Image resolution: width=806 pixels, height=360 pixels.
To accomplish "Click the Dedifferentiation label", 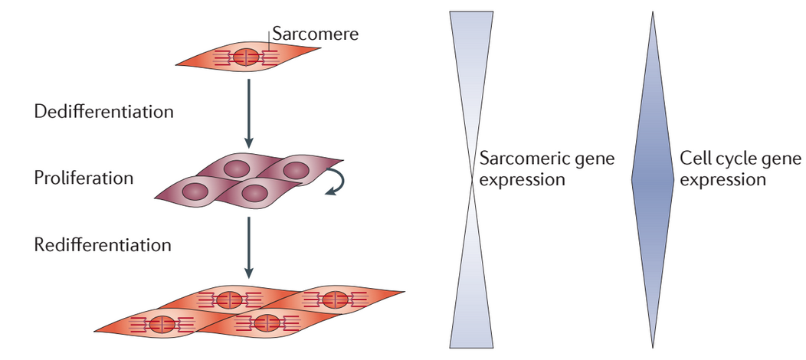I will pyautogui.click(x=104, y=112).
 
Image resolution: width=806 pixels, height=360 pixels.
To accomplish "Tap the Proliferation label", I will pyautogui.click(x=84, y=178).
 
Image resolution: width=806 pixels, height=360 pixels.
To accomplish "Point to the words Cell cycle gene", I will pyautogui.click(x=741, y=159).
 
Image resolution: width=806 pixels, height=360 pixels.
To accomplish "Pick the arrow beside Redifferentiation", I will pyautogui.click(x=248, y=247).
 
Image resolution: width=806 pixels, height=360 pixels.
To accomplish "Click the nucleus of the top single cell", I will pyautogui.click(x=246, y=57).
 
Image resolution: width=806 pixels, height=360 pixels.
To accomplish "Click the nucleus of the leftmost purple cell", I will pyautogui.click(x=195, y=191).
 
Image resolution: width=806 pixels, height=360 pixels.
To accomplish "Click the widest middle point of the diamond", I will pyautogui.click(x=653, y=180).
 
